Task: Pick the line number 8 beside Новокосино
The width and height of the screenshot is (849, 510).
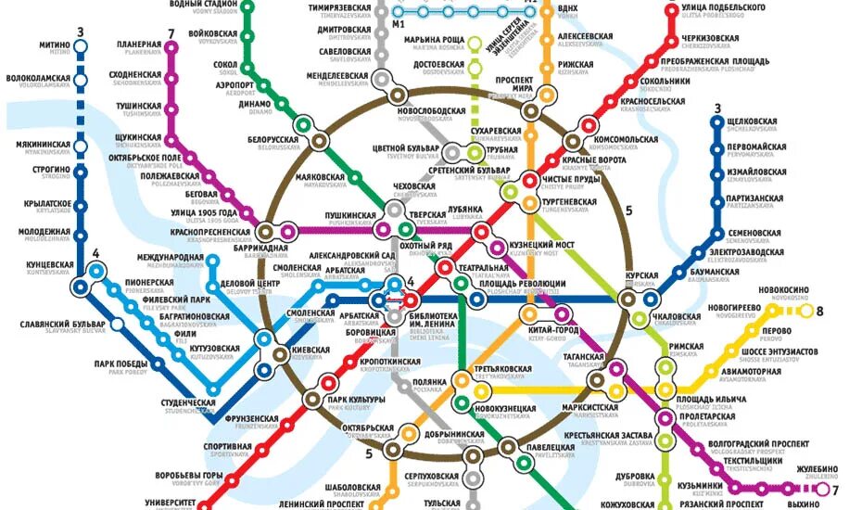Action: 819,312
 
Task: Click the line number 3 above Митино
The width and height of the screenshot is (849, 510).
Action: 81,33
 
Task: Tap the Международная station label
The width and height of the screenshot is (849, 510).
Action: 171,257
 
